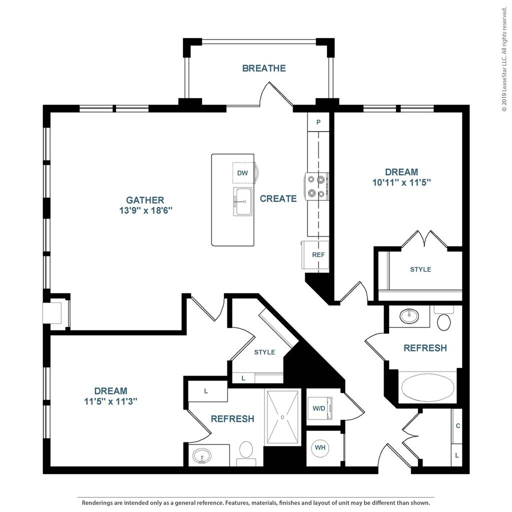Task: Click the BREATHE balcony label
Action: [x=264, y=68]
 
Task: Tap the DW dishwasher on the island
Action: [x=243, y=173]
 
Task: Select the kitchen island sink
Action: [x=243, y=201]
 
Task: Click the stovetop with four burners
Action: [x=316, y=186]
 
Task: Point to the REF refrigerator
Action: [x=315, y=254]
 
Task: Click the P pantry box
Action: [x=318, y=122]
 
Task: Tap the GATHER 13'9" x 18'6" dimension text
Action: [x=145, y=205]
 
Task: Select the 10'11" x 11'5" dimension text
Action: [x=401, y=182]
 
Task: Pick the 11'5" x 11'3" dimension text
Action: [x=110, y=401]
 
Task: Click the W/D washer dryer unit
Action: [x=319, y=408]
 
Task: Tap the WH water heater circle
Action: [x=320, y=447]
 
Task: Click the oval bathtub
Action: [x=427, y=387]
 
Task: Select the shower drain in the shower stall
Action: [x=282, y=417]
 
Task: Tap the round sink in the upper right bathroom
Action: [x=409, y=316]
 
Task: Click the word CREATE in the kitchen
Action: [x=278, y=198]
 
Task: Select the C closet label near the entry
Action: [x=458, y=426]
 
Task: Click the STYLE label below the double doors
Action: [x=420, y=269]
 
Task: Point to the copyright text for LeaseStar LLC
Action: [x=504, y=59]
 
